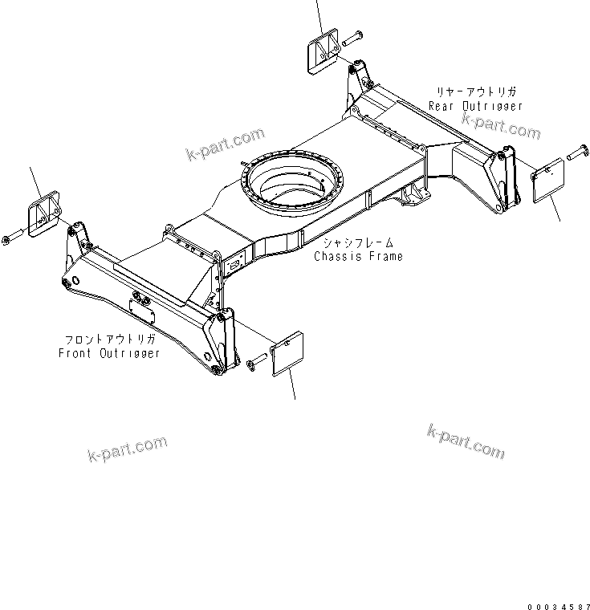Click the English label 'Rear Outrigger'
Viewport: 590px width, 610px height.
[475, 106]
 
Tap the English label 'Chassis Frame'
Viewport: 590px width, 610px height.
[358, 256]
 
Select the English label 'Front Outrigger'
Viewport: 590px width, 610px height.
[109, 353]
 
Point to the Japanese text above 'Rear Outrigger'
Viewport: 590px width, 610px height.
[477, 92]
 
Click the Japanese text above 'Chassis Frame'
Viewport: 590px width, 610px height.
[359, 242]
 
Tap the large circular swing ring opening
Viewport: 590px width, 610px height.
[293, 185]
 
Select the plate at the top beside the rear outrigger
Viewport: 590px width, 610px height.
[322, 53]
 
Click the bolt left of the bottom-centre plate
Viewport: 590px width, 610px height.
[255, 364]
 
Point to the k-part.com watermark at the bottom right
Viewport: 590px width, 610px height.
[466, 441]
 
